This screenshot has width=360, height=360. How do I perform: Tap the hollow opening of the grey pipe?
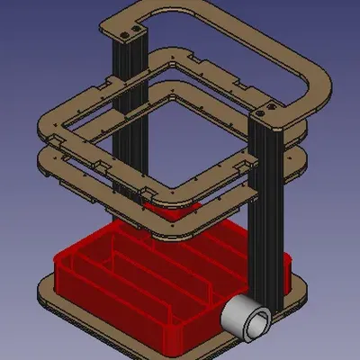(x=256, y=323)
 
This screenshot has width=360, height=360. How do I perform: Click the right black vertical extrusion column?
(x=269, y=207)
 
